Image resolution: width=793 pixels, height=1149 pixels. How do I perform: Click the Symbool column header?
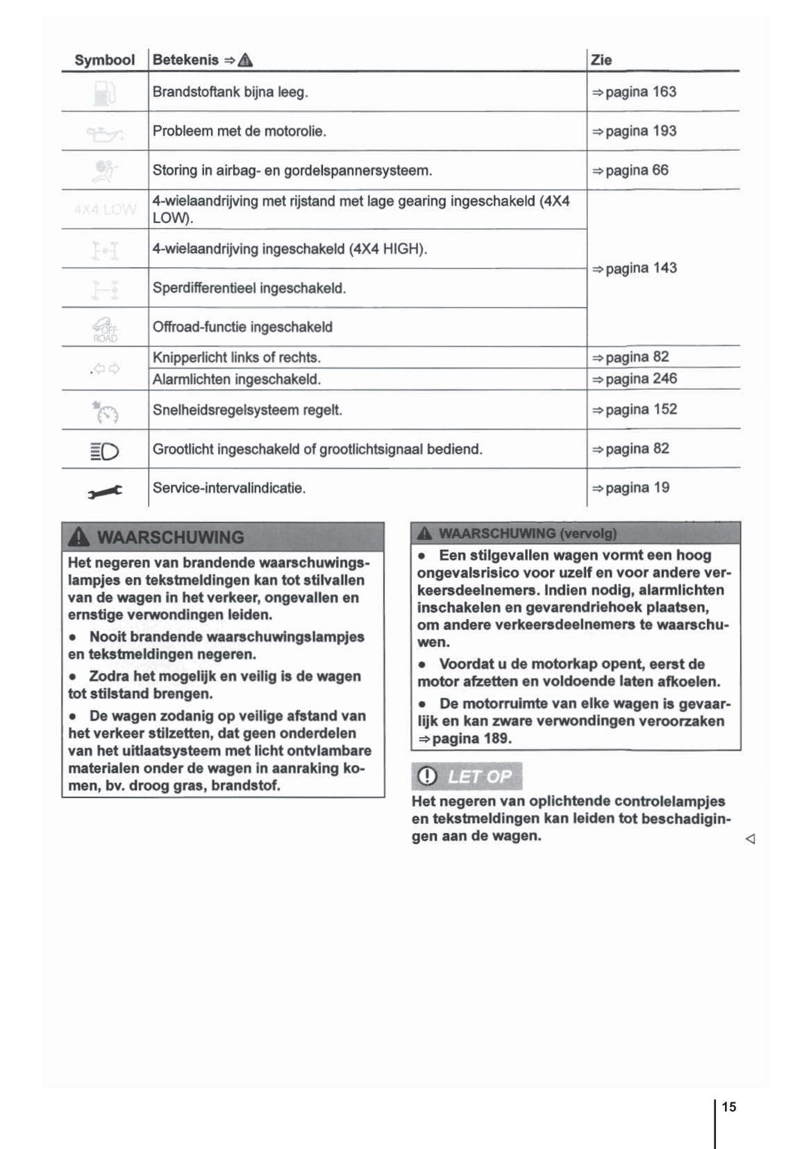point(104,60)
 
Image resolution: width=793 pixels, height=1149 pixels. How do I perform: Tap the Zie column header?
point(601,60)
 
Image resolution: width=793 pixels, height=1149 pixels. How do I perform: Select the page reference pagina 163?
point(633,92)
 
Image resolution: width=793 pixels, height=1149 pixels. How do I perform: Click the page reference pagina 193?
point(633,131)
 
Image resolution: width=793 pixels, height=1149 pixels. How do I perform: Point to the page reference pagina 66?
point(630,170)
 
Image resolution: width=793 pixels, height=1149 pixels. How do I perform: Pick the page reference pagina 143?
point(633,268)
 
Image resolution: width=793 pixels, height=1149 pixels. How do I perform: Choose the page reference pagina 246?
point(633,379)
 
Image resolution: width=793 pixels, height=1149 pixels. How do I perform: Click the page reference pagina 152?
point(633,410)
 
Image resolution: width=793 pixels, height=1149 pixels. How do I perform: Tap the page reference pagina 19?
point(630,488)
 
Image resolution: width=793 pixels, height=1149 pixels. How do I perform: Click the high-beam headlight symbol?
point(105,452)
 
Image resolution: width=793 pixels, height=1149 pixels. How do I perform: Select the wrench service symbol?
point(105,491)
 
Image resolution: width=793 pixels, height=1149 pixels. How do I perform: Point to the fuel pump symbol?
point(104,93)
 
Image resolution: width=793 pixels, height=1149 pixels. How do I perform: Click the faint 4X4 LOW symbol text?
point(105,209)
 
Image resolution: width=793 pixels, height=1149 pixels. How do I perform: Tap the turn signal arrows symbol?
point(106,369)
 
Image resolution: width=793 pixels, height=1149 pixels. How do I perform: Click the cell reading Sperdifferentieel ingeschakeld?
point(249,288)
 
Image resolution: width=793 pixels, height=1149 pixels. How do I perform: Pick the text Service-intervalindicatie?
point(229,488)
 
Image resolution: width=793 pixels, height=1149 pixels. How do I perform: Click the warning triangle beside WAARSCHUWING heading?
point(79,536)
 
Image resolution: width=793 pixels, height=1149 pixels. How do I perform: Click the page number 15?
point(728,1107)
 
